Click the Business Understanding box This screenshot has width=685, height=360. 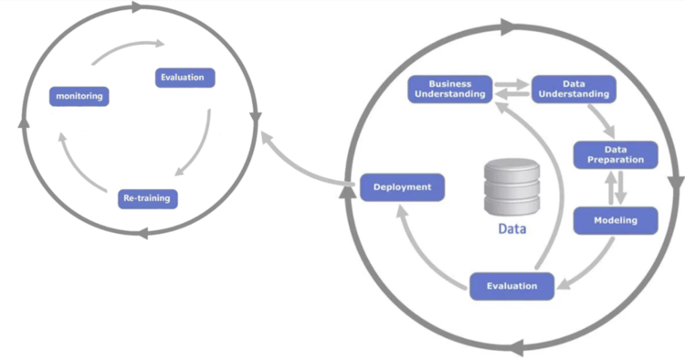(x=450, y=89)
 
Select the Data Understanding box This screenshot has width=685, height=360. (x=573, y=89)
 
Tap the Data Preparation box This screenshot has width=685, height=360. (x=615, y=154)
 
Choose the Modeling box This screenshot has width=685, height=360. (x=616, y=220)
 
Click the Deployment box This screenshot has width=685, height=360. (x=402, y=188)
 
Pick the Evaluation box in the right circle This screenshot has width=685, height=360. (x=512, y=286)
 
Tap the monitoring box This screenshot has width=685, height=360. (x=79, y=96)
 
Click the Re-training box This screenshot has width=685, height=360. (x=147, y=197)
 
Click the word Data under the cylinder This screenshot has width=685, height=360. (x=511, y=229)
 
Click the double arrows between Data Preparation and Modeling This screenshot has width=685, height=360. (x=616, y=187)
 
